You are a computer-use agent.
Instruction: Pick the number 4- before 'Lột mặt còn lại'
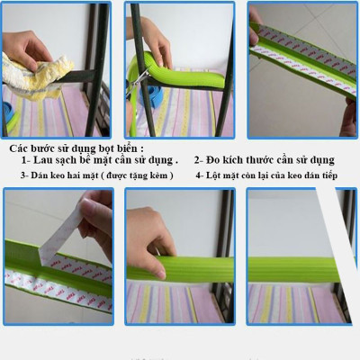click(200, 175)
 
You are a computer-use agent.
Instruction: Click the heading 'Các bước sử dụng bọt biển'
click(76, 147)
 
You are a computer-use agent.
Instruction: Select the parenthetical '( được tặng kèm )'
click(135, 175)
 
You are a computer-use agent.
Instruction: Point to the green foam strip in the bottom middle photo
click(198, 267)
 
